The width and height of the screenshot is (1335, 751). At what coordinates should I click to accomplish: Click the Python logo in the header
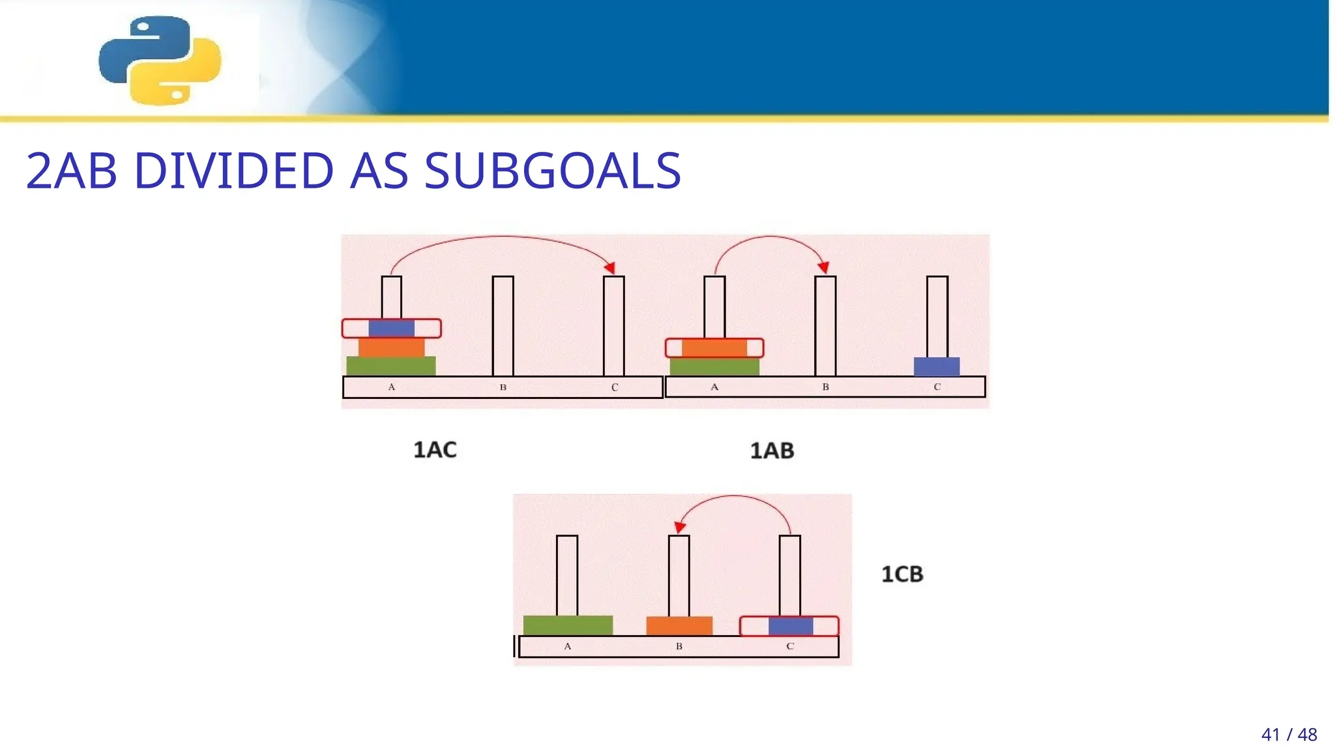160,60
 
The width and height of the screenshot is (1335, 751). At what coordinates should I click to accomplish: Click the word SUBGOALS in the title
552,171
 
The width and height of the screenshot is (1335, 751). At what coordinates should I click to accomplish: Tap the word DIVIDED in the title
233,171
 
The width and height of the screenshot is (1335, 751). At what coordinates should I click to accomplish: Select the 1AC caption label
435,450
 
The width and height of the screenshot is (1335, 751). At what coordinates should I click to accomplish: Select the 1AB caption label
772,450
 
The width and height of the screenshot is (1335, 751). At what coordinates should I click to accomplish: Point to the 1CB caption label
902,574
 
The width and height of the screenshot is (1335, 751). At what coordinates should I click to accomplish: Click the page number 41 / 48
1289,735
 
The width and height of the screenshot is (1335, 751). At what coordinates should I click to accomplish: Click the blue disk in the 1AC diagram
391,328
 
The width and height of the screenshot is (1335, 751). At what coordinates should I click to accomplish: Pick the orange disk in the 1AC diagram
391,347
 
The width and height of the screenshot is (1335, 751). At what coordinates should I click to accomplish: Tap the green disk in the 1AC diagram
391,366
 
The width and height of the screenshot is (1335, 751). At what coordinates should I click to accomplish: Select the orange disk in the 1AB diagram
714,347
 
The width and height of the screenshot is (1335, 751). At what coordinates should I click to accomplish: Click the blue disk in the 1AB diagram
937,366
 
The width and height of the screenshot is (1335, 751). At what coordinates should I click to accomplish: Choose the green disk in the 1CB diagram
568,625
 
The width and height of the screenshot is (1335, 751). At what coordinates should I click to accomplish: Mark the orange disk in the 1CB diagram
679,626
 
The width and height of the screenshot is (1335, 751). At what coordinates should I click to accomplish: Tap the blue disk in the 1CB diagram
791,626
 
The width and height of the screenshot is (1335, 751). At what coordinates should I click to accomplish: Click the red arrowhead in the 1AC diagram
610,267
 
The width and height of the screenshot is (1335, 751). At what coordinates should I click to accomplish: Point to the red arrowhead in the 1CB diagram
679,527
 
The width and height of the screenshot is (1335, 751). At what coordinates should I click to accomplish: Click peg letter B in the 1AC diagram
503,387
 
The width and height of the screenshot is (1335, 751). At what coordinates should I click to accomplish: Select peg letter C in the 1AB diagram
937,387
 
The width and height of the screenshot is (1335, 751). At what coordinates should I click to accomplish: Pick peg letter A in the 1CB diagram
568,646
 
